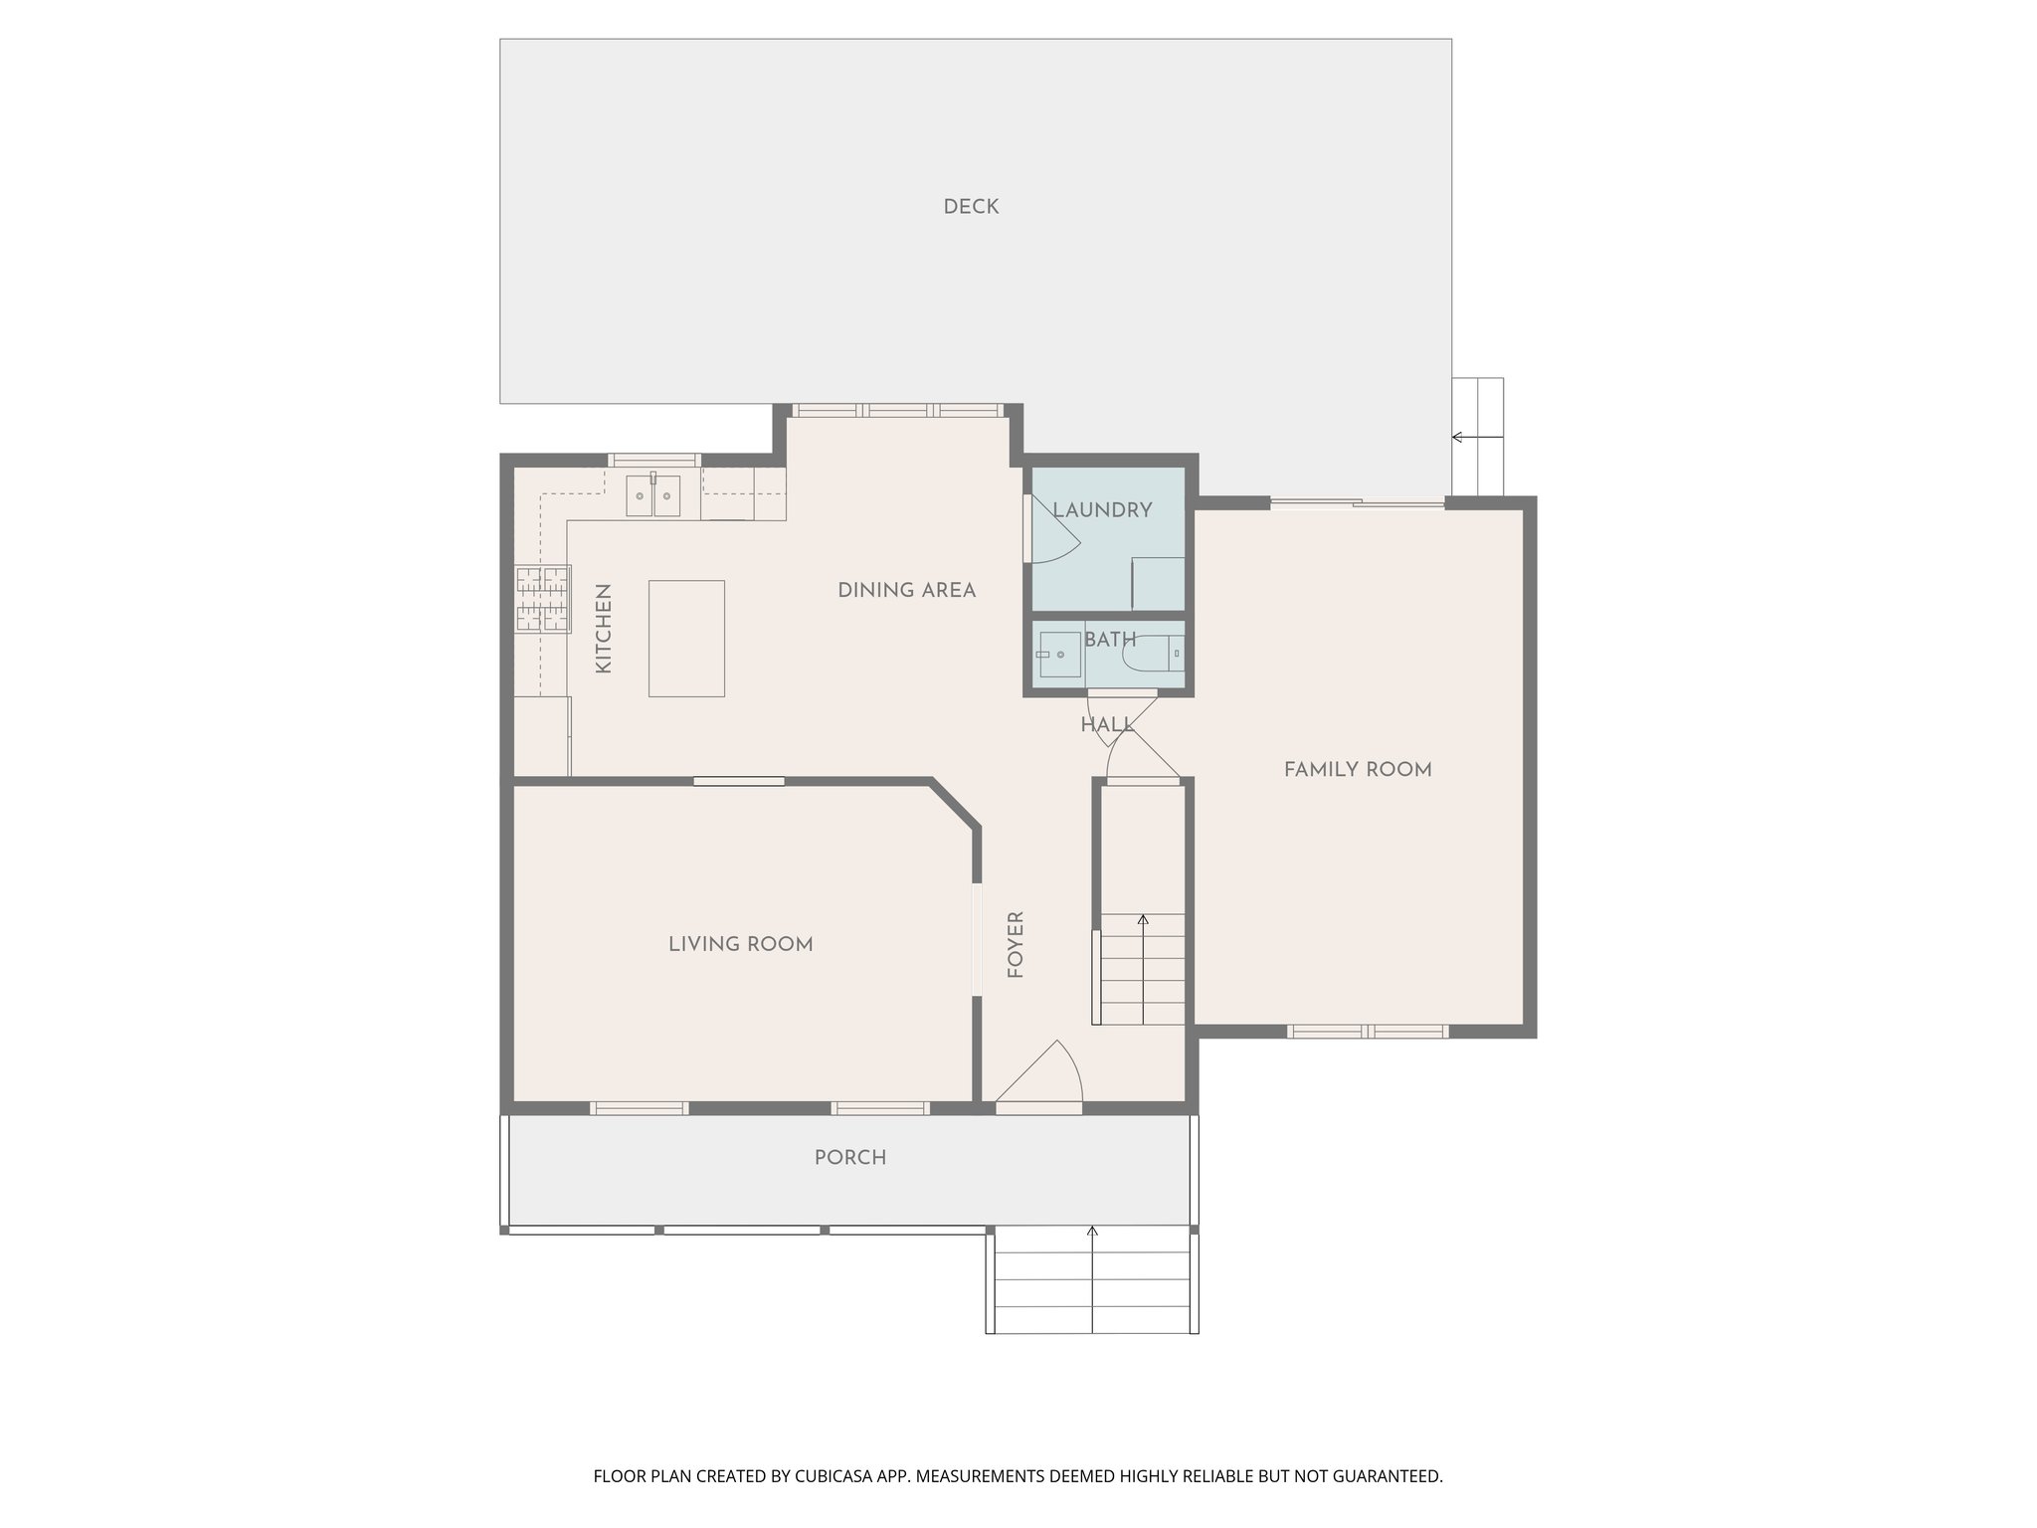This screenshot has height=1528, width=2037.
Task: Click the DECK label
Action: click(971, 207)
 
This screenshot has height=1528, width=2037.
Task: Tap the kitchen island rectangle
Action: click(686, 639)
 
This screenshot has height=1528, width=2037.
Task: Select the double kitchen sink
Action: click(652, 495)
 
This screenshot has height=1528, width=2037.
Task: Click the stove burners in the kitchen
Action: click(543, 599)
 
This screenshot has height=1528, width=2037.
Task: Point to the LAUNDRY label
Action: click(1102, 510)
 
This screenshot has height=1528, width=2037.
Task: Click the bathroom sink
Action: click(1058, 655)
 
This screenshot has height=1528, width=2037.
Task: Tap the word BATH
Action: click(1110, 640)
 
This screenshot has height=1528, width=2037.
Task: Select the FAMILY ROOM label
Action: click(1358, 769)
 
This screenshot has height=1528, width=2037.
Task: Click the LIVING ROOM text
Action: click(741, 944)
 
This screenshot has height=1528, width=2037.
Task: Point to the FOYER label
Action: click(1016, 945)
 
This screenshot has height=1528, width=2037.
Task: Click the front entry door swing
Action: click(1044, 1074)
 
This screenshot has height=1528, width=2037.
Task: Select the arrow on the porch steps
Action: click(1092, 1234)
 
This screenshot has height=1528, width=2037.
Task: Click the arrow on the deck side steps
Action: click(1458, 437)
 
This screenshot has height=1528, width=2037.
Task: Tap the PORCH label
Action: click(850, 1158)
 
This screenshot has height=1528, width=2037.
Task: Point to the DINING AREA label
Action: click(906, 590)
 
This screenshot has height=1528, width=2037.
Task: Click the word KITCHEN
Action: click(603, 629)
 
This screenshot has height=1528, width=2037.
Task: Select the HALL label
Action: click(1107, 725)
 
